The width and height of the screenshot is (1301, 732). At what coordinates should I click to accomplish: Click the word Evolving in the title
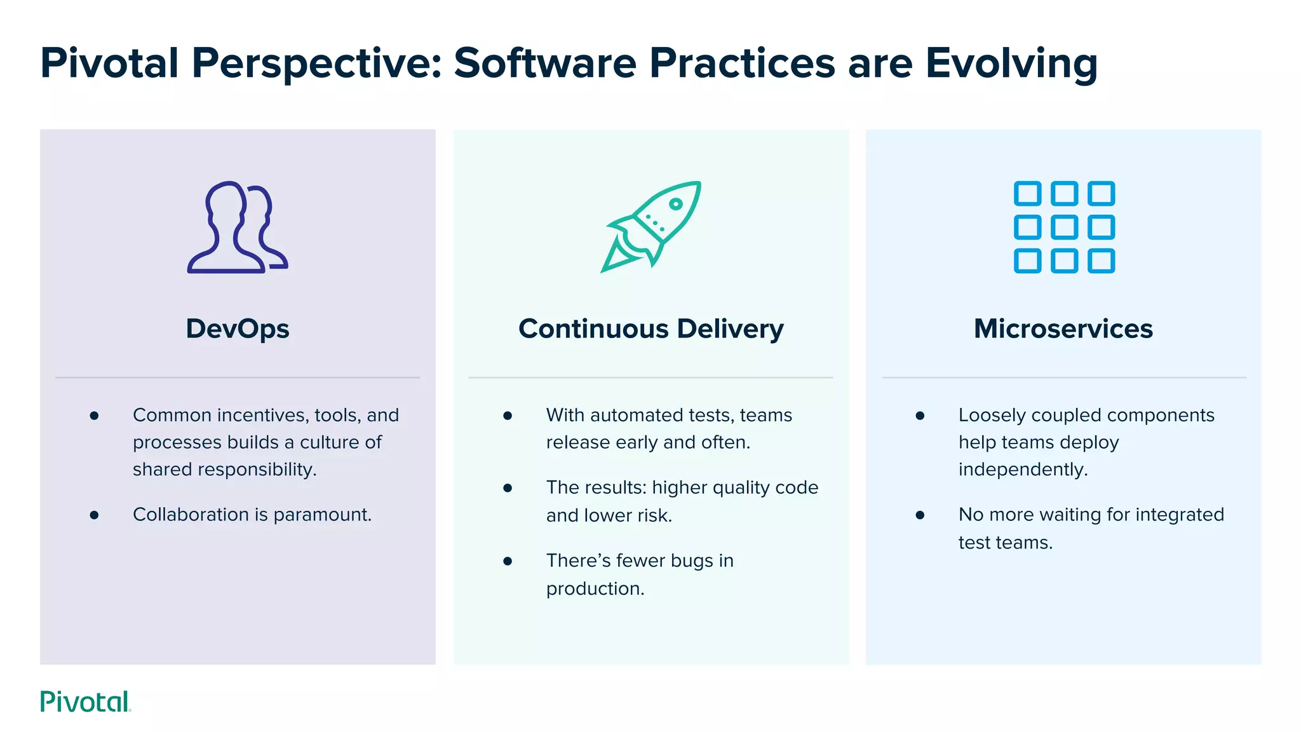pyautogui.click(x=1011, y=64)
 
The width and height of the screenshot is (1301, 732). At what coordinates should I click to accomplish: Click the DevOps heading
pyautogui.click(x=238, y=329)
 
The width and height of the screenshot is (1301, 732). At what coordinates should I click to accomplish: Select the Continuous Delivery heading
pyautogui.click(x=650, y=329)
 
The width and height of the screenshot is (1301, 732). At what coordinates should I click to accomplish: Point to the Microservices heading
pyautogui.click(x=1063, y=329)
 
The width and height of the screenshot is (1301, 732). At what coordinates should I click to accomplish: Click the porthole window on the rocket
pyautogui.click(x=676, y=204)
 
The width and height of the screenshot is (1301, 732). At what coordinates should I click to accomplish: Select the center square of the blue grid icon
pyautogui.click(x=1064, y=227)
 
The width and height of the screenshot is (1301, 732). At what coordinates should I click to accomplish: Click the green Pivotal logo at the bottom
pyautogui.click(x=85, y=701)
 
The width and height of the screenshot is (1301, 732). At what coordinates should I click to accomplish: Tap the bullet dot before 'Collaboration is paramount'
pyautogui.click(x=94, y=515)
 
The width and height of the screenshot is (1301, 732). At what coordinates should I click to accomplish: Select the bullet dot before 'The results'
pyautogui.click(x=508, y=488)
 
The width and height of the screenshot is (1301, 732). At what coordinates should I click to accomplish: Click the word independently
pyautogui.click(x=1023, y=470)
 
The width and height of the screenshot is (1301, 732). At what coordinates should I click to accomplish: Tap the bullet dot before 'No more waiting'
pyautogui.click(x=920, y=515)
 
